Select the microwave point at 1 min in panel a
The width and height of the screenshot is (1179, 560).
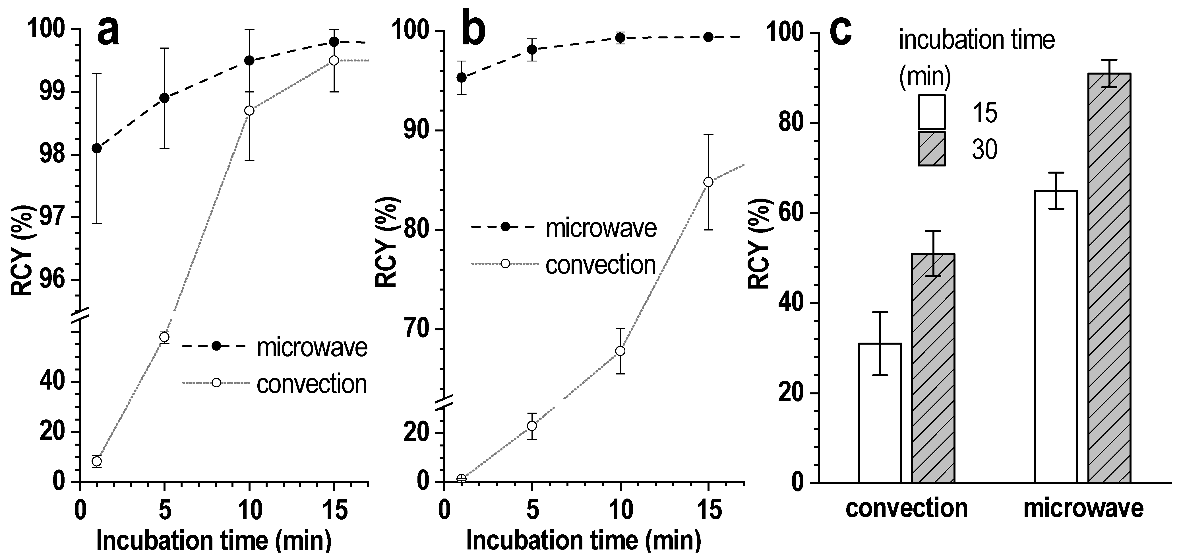[x=97, y=148]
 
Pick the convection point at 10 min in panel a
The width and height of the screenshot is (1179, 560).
[x=249, y=110]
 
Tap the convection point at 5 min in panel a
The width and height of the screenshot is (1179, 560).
[x=164, y=337]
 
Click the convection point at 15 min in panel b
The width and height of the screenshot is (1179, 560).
[x=708, y=182]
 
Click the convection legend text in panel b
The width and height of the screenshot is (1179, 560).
[x=601, y=265]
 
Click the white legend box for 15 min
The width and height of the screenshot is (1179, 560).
[x=931, y=112]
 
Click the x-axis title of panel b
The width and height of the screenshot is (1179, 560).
[x=584, y=540]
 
